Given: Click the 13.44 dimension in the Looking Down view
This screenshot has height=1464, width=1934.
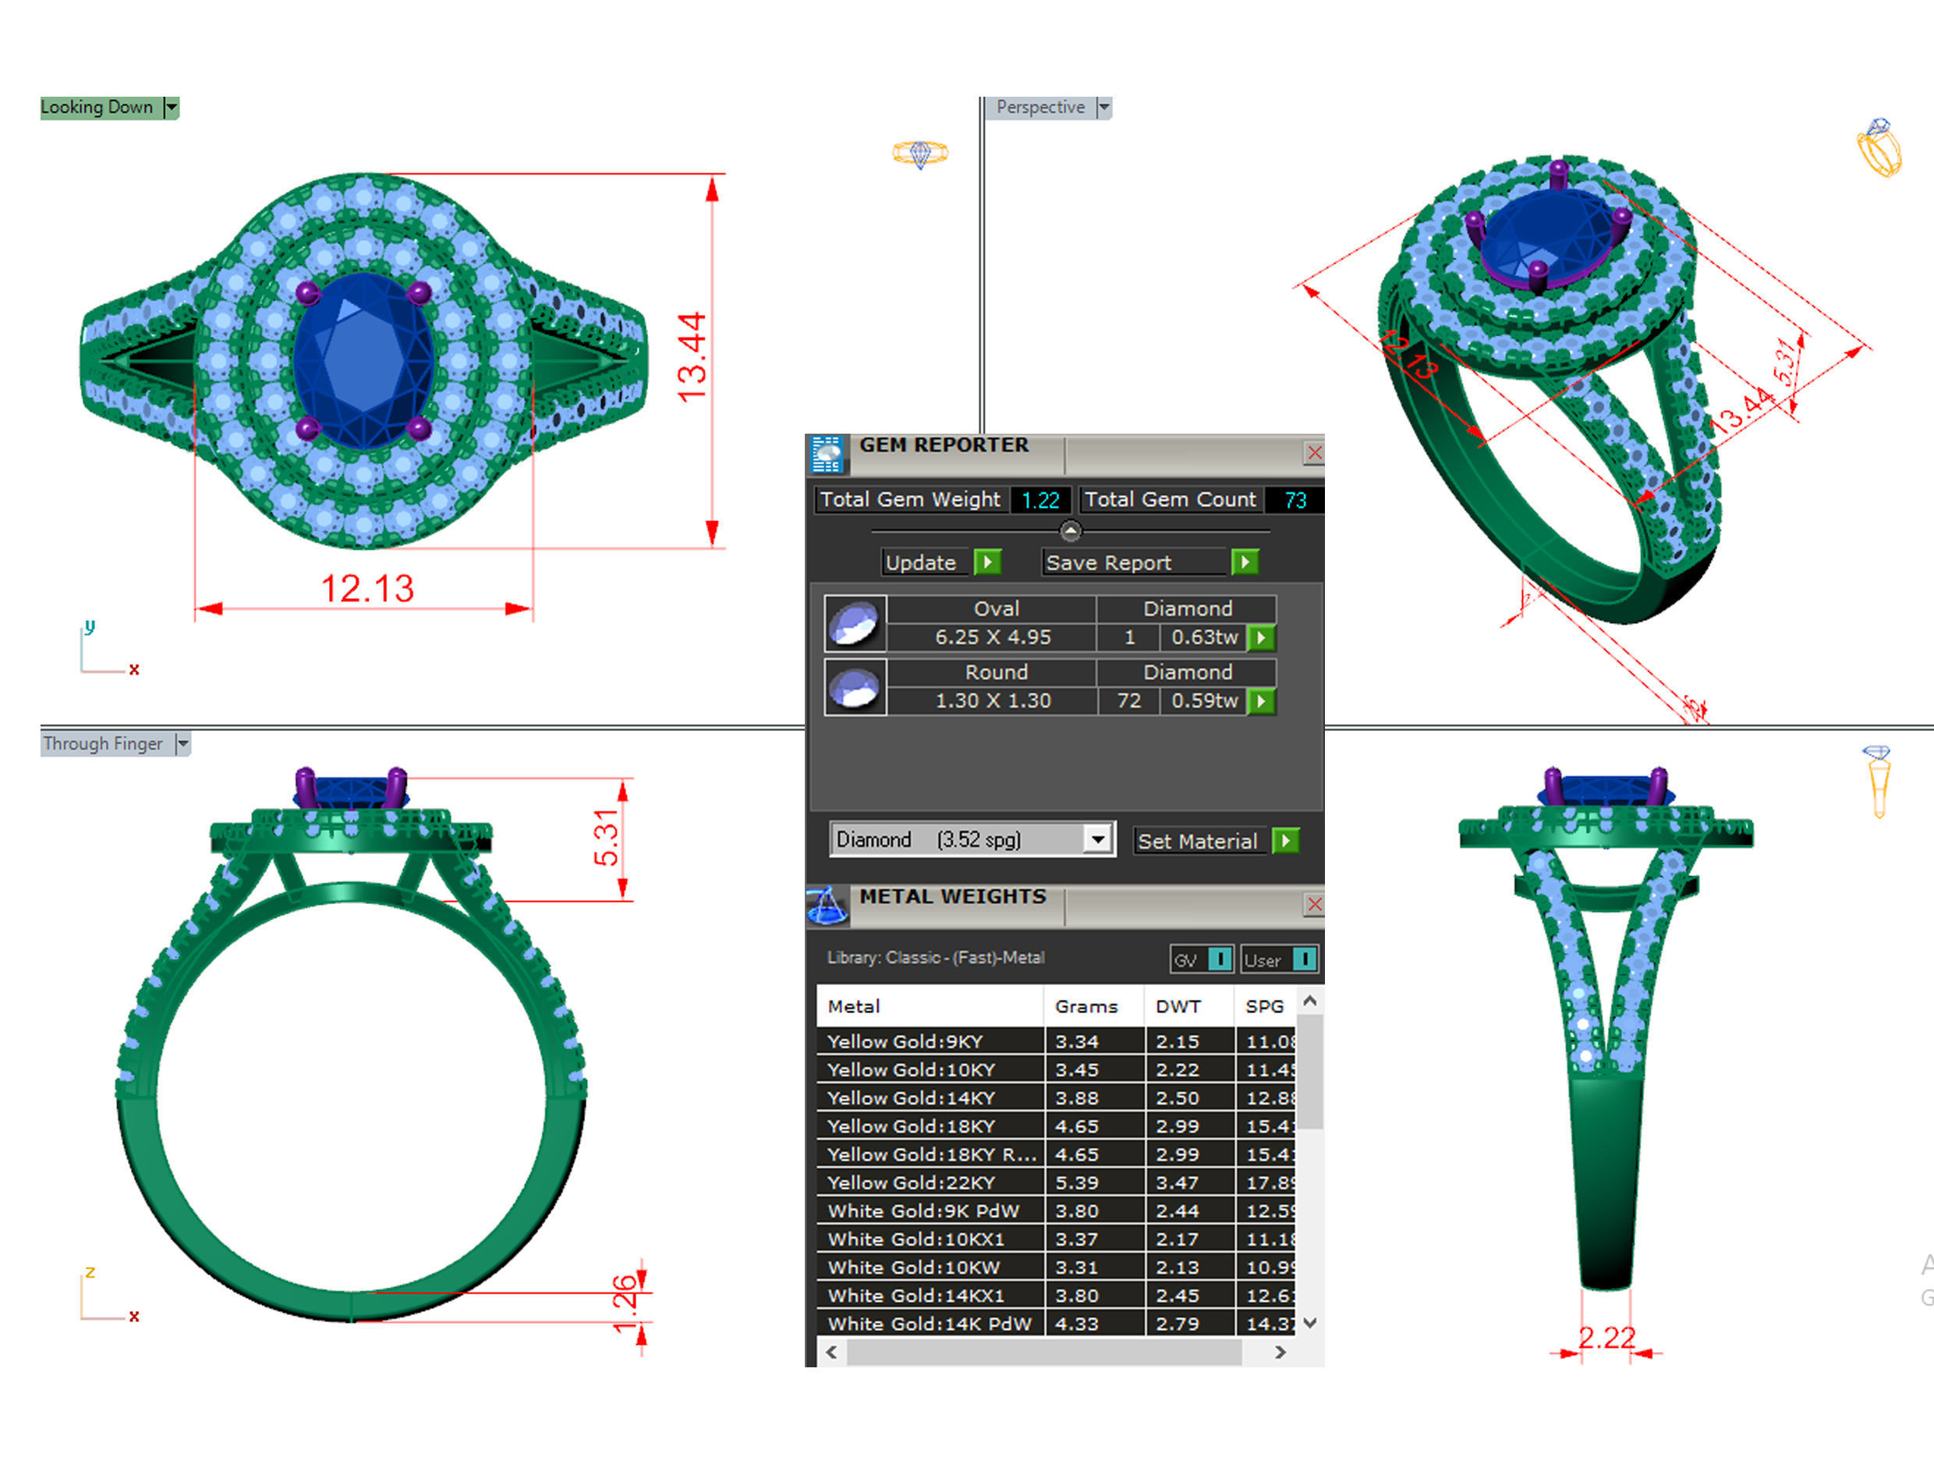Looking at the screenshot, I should tap(692, 356).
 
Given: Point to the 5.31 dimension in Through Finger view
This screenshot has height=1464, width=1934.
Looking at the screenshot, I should tap(606, 838).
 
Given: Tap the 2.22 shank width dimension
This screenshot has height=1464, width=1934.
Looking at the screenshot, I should tap(1606, 1337).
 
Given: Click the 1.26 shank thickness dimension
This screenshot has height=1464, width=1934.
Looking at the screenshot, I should tap(625, 1303).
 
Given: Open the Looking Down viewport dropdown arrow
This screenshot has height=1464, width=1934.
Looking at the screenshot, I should tap(172, 108).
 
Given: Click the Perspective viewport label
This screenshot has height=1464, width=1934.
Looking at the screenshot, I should tap(1040, 108).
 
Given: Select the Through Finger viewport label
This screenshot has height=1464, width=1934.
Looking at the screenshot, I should tap(103, 743).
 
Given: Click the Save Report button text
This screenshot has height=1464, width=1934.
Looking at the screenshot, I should tap(1108, 562).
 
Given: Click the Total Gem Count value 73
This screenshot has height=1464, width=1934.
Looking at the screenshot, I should tap(1294, 499).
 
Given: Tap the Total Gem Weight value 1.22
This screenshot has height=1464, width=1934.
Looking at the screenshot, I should tap(1040, 499).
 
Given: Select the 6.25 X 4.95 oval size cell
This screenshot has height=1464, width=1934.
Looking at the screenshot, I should tap(993, 636).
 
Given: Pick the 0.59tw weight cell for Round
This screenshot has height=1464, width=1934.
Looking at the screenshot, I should tap(1204, 700).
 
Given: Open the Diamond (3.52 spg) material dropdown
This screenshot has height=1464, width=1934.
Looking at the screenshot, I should tap(1096, 839).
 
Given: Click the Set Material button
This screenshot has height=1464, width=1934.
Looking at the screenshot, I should tap(1196, 841).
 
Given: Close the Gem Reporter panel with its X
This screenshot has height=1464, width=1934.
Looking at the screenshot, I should tap(1313, 452).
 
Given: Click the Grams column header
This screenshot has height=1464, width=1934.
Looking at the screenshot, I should tap(1086, 1005).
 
